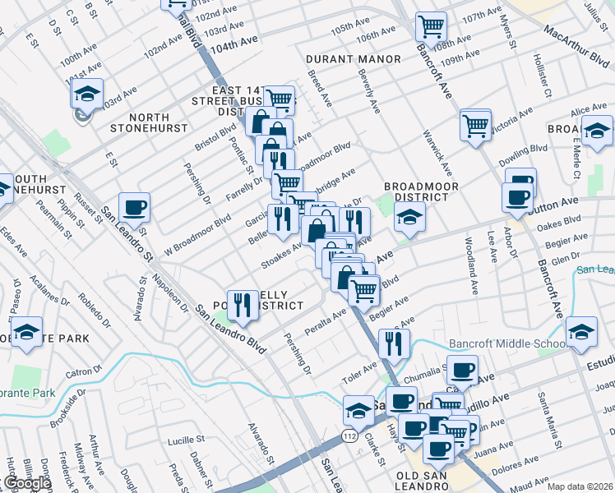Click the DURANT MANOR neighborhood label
[x=353, y=59]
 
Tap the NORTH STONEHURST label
[x=141, y=122]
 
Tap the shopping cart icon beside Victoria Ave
[x=475, y=125]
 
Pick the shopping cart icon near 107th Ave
[x=430, y=27]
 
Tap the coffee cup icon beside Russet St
[x=134, y=207]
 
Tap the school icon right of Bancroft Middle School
[x=581, y=331]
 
